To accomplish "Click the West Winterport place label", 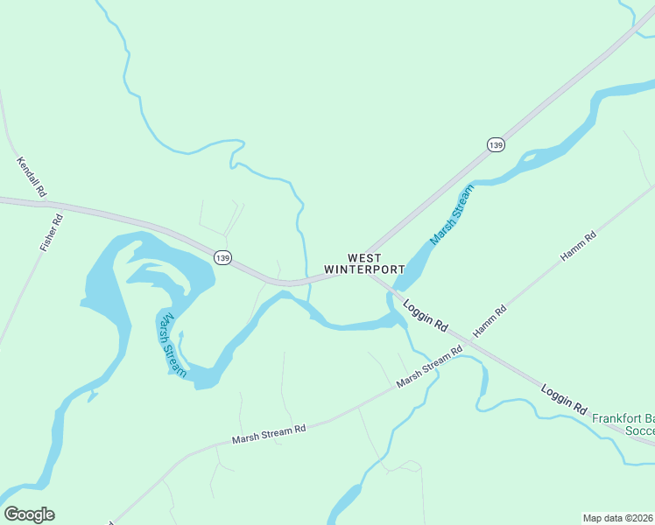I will (x=364, y=263).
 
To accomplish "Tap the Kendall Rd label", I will (x=32, y=176).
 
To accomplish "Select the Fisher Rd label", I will (x=53, y=233).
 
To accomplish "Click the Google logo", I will (x=29, y=514).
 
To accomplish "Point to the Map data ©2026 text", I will (x=618, y=518).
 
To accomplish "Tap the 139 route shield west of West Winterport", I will (x=222, y=257).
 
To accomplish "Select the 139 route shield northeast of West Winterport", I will (x=496, y=144).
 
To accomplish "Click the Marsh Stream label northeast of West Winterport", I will (x=451, y=214).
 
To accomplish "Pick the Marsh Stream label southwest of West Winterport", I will (x=172, y=345).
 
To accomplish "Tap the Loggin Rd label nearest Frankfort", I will (x=563, y=398).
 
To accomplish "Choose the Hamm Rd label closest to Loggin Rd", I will (x=489, y=322).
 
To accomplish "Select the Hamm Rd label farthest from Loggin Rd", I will (x=578, y=248).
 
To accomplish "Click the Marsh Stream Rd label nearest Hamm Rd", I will (x=429, y=368).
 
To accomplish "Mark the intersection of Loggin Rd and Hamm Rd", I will (x=468, y=342).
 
